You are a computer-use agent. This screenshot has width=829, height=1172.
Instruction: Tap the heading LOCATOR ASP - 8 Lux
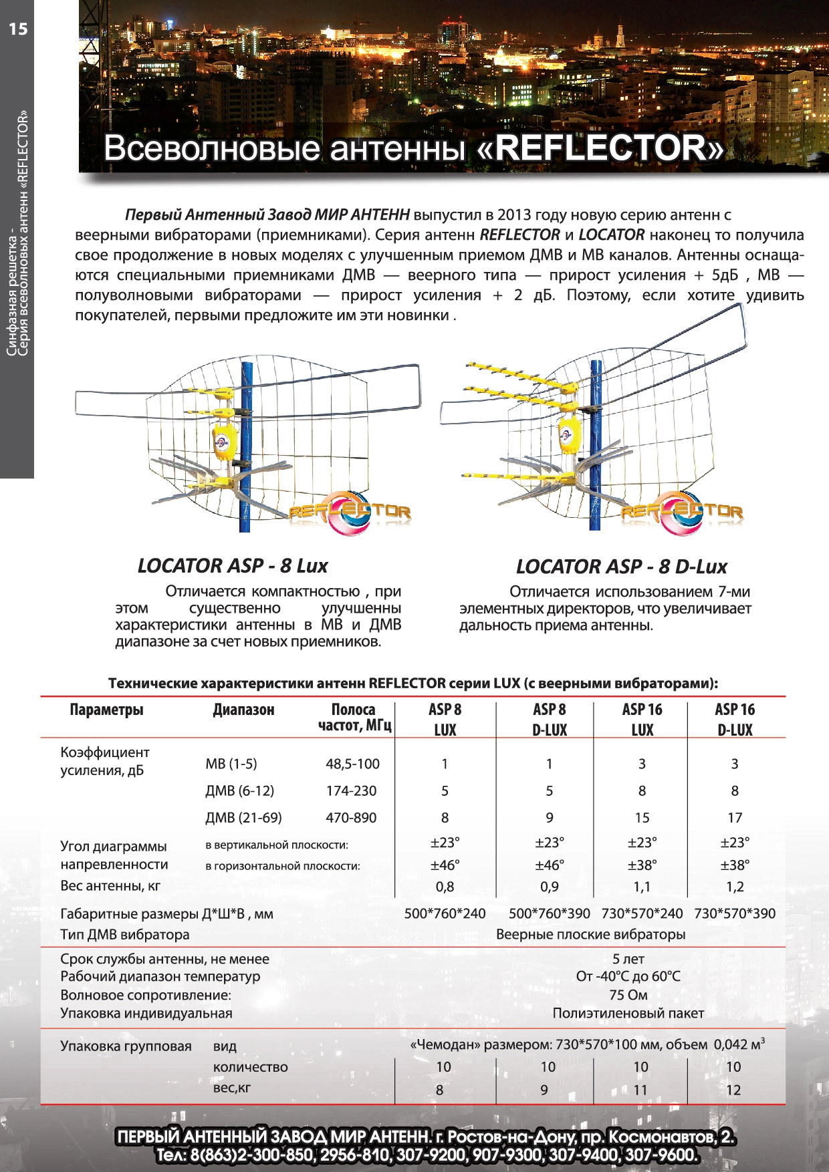233,566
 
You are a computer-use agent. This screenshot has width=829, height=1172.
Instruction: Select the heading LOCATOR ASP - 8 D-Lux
621,567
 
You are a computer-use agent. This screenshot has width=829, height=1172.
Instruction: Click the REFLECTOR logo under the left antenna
350,512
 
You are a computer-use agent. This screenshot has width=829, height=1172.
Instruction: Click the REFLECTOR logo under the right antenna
681,512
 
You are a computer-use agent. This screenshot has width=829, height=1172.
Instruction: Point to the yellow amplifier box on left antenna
224,442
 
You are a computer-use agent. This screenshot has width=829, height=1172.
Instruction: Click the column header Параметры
106,710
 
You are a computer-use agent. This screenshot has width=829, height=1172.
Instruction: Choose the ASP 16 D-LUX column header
735,719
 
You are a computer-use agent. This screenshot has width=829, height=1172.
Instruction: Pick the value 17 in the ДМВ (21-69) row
735,817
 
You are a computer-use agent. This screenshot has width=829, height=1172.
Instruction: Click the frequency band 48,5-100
352,764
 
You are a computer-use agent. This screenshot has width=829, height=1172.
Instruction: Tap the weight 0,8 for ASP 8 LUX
445,887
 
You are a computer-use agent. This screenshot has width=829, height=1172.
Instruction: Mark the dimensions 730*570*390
735,913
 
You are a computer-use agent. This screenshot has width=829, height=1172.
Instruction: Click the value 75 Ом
628,995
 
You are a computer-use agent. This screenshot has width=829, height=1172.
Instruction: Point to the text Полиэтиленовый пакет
628,1013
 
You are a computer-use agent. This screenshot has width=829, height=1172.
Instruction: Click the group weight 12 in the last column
733,1090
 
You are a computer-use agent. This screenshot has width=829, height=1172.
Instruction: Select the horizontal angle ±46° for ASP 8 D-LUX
549,865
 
